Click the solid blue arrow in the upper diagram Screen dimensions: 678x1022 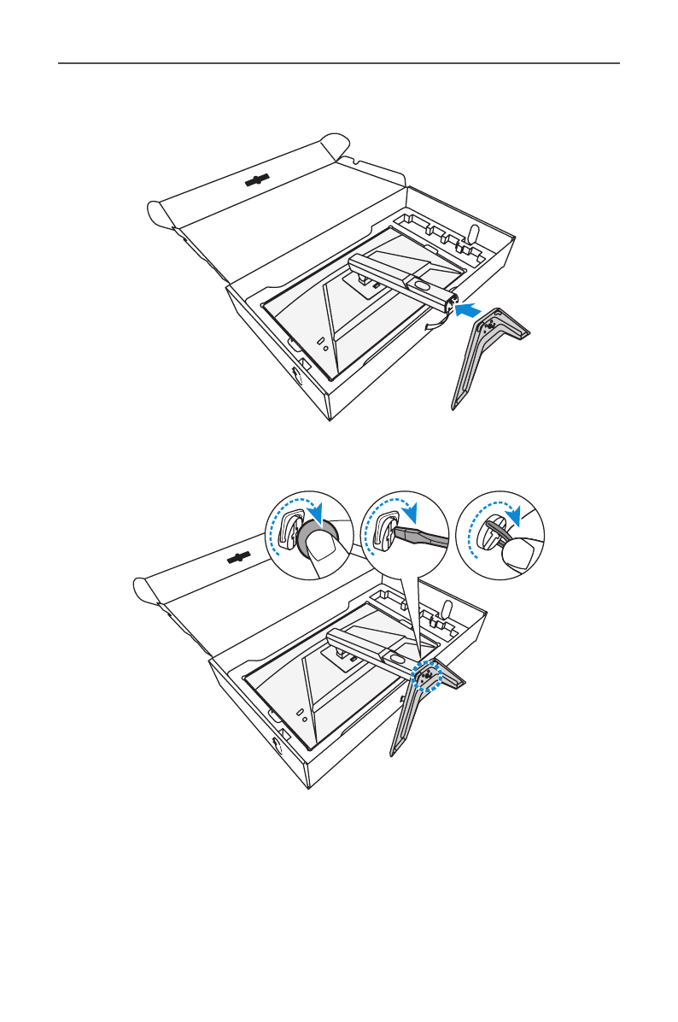tap(468, 311)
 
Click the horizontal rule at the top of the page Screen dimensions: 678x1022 tap(338, 63)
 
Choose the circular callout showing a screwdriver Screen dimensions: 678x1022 tap(404, 538)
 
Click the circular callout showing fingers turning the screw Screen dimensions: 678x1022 tap(498, 538)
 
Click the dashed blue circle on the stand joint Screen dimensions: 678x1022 tap(424, 677)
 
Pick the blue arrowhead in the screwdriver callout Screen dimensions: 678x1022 tap(414, 514)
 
